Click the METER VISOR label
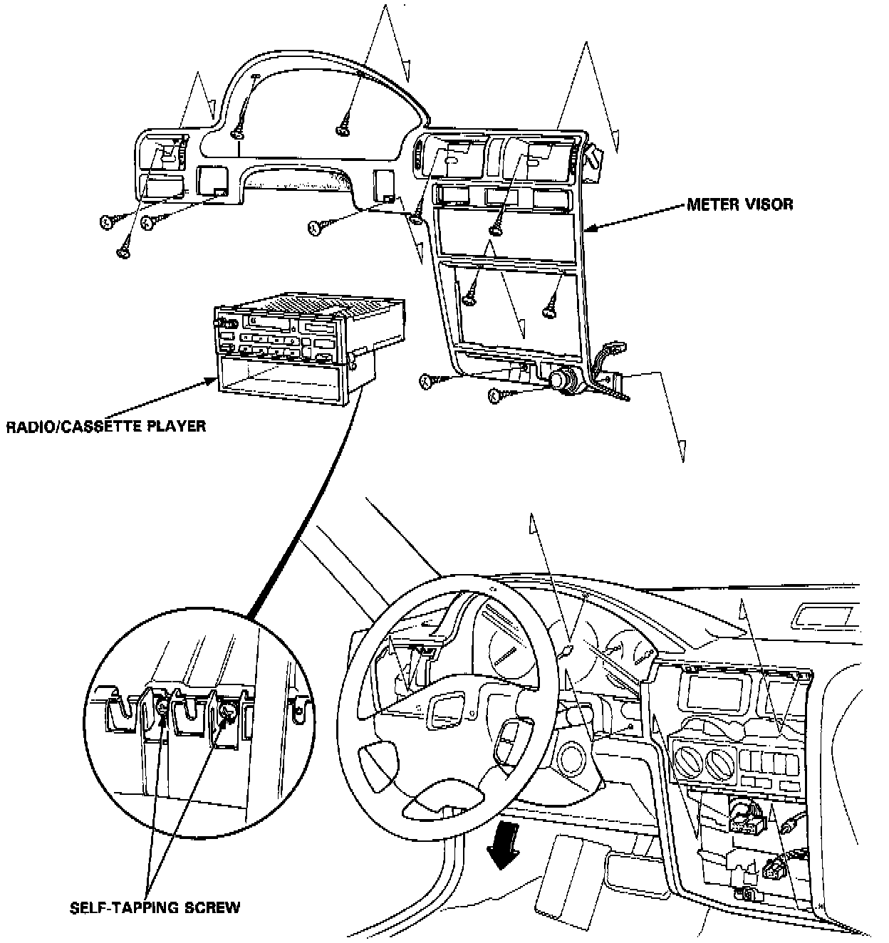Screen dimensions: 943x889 point(739,204)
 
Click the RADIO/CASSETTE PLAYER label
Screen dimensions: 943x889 point(106,427)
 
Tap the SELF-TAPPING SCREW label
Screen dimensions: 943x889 point(155,907)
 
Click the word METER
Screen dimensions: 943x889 point(709,204)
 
